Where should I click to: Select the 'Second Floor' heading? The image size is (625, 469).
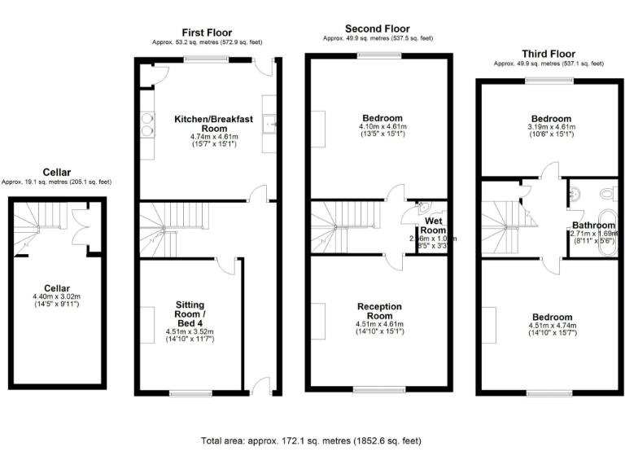pyautogui.click(x=378, y=28)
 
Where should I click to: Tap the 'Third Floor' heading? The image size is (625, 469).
pyautogui.click(x=549, y=54)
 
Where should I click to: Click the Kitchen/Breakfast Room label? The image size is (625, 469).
pyautogui.click(x=214, y=124)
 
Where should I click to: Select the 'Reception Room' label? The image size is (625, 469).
pyautogui.click(x=380, y=311)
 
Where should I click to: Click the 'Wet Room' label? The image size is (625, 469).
pyautogui.click(x=432, y=226)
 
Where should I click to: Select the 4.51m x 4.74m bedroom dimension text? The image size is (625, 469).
pyautogui.click(x=552, y=327)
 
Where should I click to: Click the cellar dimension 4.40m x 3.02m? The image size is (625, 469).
pyautogui.click(x=58, y=296)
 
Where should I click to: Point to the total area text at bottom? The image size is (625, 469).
pyautogui.click(x=312, y=441)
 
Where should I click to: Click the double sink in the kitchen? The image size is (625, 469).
pyautogui.click(x=147, y=126)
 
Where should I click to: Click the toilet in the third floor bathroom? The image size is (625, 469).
pyautogui.click(x=605, y=194)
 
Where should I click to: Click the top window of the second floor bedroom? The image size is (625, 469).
pyautogui.click(x=379, y=55)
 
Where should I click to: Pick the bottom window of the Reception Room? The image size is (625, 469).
pyautogui.click(x=379, y=389)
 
